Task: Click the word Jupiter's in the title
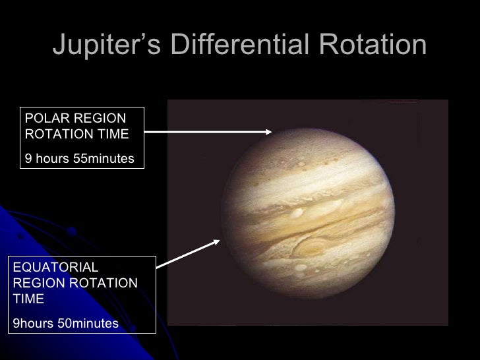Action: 106,45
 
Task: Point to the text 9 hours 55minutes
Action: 79,159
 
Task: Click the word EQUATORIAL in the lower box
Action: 55,267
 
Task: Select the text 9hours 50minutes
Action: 65,323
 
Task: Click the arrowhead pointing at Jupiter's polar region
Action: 268,131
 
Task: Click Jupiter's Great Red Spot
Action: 309,247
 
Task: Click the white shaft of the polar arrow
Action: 204,132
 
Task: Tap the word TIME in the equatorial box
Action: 28,299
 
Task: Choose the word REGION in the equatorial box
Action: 37,283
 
